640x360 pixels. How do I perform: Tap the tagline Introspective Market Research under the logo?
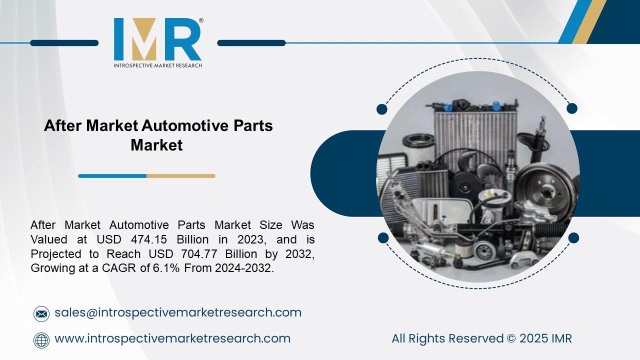(157, 65)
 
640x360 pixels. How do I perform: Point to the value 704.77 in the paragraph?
(173, 254)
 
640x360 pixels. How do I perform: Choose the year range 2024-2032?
(244, 268)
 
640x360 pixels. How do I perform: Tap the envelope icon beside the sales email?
(41, 313)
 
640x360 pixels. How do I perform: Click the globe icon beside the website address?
(41, 340)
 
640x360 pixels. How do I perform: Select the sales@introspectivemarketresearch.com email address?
(178, 312)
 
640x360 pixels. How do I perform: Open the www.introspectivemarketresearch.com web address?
(172, 338)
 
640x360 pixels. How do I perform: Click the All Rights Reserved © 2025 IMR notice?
(481, 338)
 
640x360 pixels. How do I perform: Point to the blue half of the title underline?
(112, 176)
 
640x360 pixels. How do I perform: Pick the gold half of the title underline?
(180, 176)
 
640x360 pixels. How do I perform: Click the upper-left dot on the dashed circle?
(382, 109)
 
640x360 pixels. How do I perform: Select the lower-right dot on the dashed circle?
(573, 238)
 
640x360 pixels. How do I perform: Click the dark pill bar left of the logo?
(64, 43)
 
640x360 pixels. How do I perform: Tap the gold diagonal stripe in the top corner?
(588, 22)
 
